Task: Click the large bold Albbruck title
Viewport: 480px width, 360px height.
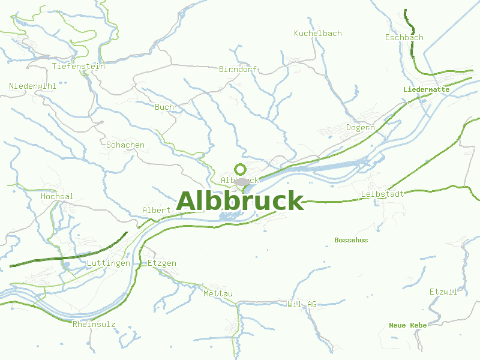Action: point(240,201)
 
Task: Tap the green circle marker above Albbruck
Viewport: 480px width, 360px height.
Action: point(240,169)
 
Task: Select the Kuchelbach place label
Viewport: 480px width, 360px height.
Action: point(317,34)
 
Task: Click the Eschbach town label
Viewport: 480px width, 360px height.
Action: point(404,38)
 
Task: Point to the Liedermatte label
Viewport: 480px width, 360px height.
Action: point(426,89)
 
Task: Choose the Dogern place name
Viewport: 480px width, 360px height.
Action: point(360,128)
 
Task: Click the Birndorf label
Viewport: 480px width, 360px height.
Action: point(238,70)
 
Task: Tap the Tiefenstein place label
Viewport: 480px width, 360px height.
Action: point(79,67)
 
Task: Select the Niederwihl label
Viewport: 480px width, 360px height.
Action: point(32,86)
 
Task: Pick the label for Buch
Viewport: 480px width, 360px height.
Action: point(164,107)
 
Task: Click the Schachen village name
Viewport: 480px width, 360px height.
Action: point(125,145)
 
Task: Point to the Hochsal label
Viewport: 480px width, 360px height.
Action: point(57,197)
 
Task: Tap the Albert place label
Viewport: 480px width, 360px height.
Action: point(156,211)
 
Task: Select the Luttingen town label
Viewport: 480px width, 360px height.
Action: point(108,263)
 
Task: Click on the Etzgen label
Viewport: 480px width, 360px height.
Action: point(162,263)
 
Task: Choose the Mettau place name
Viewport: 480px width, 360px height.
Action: point(218,293)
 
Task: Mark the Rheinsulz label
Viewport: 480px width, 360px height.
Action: point(94,325)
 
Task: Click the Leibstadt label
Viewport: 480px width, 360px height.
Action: point(382,194)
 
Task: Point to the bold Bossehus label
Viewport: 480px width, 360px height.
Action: point(351,240)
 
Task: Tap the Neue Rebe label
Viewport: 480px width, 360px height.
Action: point(407,325)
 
